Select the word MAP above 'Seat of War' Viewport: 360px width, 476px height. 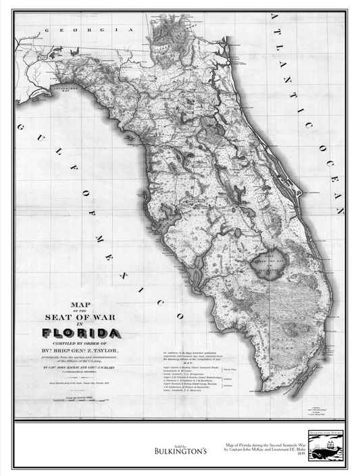tap(81, 305)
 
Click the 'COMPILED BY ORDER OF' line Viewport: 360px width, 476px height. tap(81, 344)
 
